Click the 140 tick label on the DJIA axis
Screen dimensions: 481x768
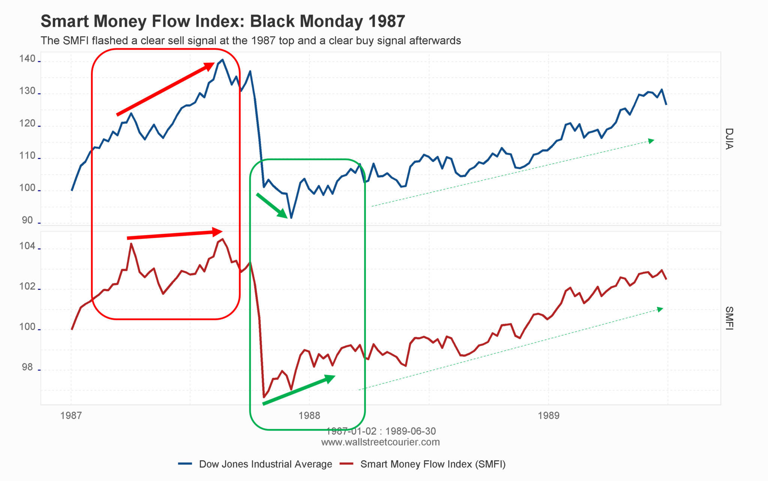(x=27, y=59)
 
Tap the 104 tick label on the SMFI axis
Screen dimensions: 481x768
(x=27, y=246)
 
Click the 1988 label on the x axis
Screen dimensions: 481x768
(x=309, y=415)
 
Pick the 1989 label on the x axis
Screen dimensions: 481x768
(x=548, y=415)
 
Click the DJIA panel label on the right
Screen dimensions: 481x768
(x=729, y=139)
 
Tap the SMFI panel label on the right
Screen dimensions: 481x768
(x=729, y=318)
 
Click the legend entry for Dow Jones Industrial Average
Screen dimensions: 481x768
(x=265, y=464)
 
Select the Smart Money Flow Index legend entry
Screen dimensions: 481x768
(x=433, y=464)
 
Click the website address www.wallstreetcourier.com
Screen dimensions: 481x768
(x=380, y=442)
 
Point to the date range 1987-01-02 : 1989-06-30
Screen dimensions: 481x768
(x=381, y=431)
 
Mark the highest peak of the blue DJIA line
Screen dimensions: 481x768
(x=223, y=60)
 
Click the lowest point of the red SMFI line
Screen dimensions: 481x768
(x=264, y=397)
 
